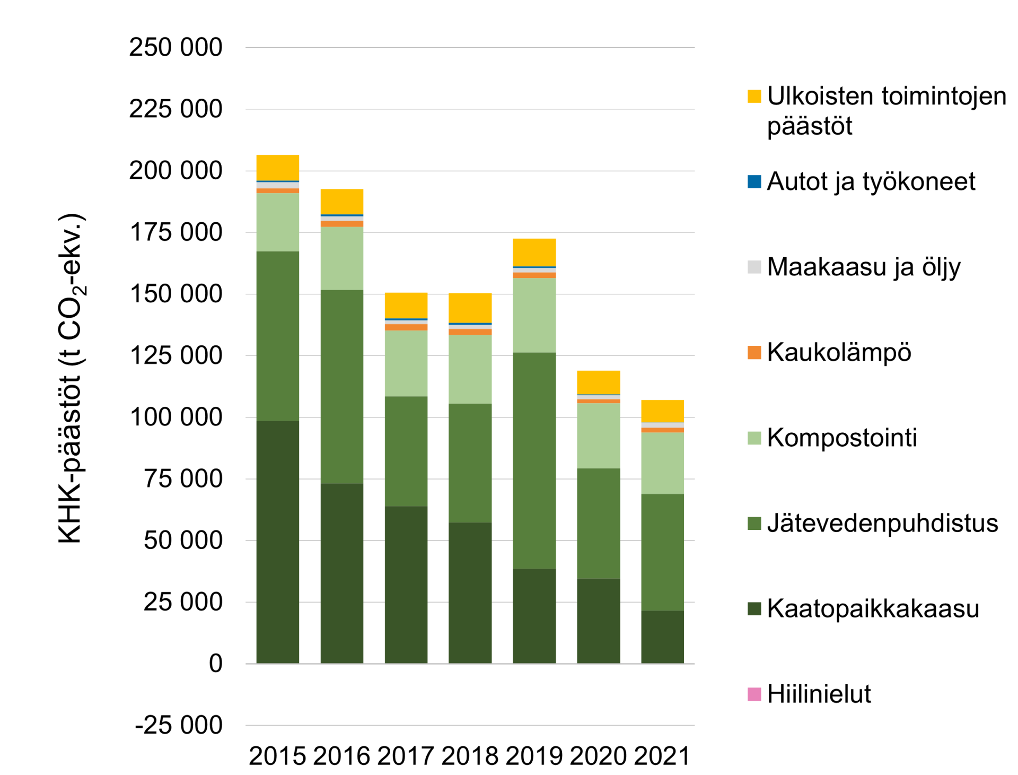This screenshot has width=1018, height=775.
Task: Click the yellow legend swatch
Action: (754, 96)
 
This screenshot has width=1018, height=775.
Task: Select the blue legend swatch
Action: (754, 182)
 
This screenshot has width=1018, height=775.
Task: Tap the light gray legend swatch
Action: (754, 267)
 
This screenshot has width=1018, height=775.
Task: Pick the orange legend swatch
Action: (754, 353)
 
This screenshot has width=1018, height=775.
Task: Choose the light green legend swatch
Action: (754, 438)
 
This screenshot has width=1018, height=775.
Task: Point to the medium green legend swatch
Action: (754, 524)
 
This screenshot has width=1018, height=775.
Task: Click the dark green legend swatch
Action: (754, 609)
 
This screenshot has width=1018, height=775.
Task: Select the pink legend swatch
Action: (754, 694)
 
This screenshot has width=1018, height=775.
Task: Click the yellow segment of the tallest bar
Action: (278, 167)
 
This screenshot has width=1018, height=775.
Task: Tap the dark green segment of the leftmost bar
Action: (278, 541)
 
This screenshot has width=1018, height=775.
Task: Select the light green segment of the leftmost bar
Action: (278, 222)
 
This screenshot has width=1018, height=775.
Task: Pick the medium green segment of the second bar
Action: (342, 386)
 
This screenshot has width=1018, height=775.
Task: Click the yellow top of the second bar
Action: (342, 202)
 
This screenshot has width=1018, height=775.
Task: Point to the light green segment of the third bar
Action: (406, 363)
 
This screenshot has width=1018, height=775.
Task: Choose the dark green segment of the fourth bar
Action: (470, 593)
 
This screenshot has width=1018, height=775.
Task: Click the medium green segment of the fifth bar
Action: (534, 460)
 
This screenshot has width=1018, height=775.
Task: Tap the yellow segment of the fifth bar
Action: (534, 252)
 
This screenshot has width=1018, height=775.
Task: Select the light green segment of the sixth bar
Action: (599, 436)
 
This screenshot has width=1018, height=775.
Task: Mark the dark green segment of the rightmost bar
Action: (663, 637)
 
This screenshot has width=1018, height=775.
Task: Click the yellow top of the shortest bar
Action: (663, 411)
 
